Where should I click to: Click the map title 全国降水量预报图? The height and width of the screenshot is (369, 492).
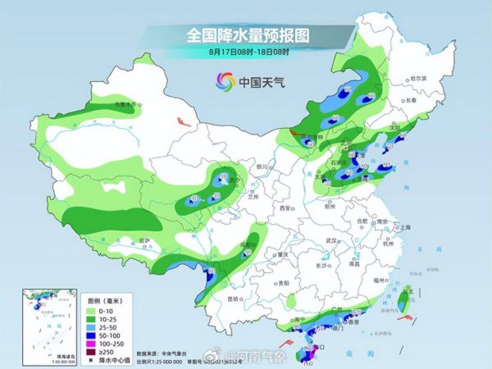[x=245, y=35]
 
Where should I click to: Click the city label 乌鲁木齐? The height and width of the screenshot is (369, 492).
[x=123, y=104]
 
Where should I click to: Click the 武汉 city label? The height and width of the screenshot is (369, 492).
[x=331, y=240]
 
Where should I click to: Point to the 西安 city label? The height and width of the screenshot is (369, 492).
[x=285, y=209]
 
